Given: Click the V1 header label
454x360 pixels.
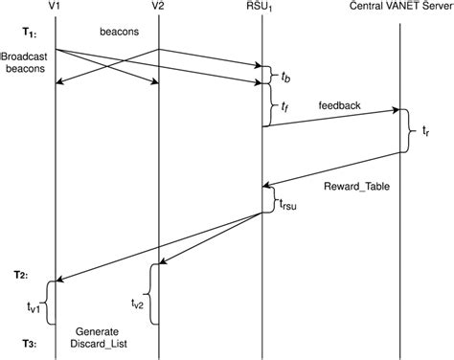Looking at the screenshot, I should click(x=57, y=7).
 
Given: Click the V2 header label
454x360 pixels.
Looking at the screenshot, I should click(x=158, y=7).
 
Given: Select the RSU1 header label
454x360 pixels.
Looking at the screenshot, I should click(x=262, y=7).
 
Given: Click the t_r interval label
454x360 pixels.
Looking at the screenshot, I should click(x=428, y=131).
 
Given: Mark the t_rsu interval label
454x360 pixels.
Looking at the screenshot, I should click(x=288, y=202).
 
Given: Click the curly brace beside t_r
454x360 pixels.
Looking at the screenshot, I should click(x=411, y=131).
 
